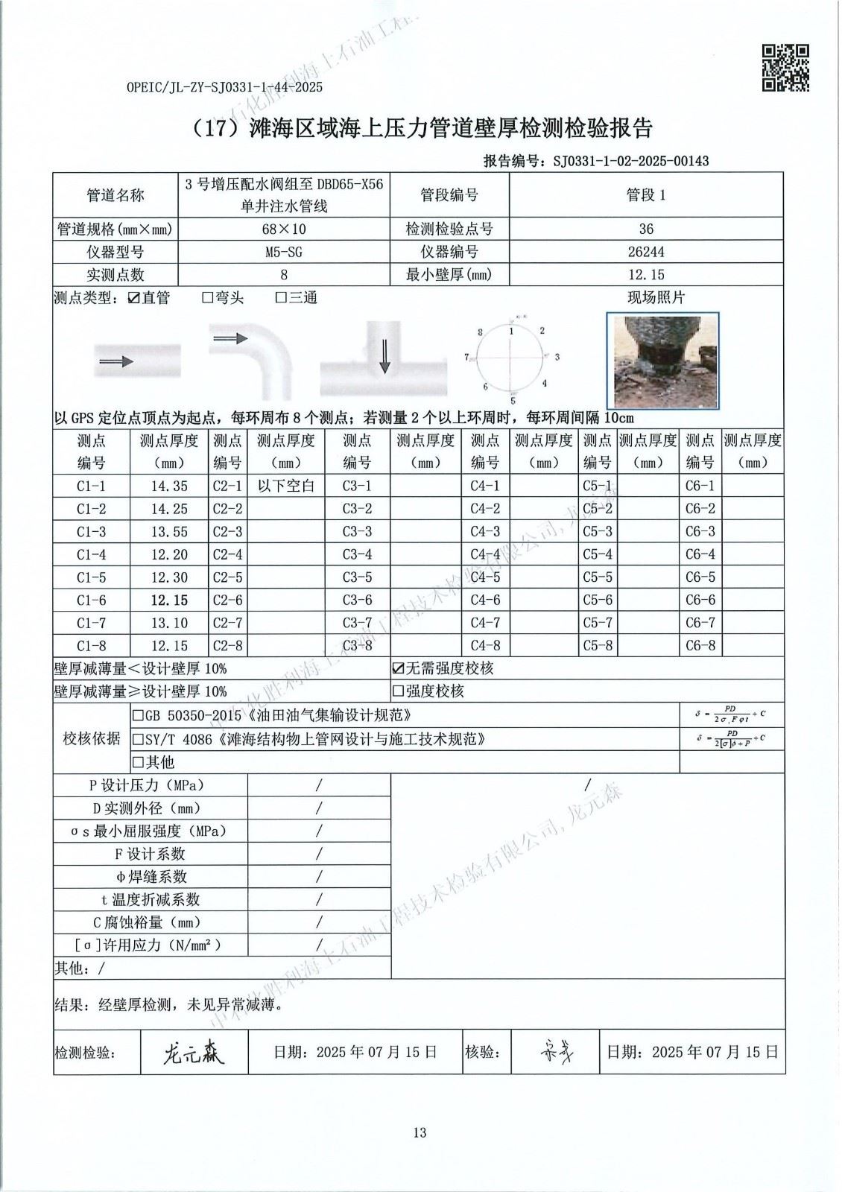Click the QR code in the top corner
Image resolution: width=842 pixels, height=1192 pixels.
785,68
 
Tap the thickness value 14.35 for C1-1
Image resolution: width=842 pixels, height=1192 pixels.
169,486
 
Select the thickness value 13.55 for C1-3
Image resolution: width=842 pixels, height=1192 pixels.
169,532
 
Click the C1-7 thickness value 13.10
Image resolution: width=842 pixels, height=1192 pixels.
169,623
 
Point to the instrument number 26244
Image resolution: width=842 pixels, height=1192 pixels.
646,252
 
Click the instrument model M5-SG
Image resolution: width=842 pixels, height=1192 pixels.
283,252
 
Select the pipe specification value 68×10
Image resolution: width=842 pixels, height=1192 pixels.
283,229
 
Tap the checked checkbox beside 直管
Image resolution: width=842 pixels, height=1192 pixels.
134,298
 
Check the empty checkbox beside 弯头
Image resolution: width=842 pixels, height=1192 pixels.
208,298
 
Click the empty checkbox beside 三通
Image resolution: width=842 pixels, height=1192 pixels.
282,298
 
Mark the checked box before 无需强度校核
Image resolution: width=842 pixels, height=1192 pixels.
399,669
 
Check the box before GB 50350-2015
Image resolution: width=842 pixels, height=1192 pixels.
138,716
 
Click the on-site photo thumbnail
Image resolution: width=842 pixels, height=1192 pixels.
663,360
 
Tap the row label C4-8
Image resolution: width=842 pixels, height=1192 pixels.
485,646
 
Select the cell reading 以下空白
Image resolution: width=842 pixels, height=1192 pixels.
286,486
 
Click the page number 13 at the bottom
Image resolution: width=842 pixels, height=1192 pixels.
420,1132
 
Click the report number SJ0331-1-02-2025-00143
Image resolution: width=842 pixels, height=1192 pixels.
630,161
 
